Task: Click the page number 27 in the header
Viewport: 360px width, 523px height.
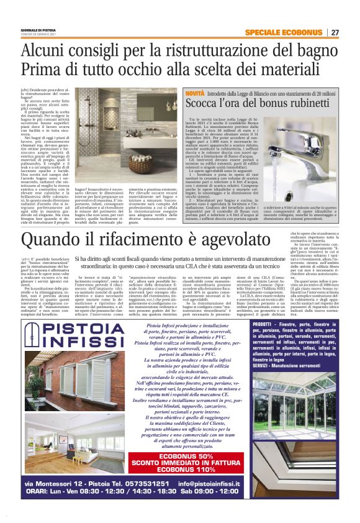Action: coord(335,32)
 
